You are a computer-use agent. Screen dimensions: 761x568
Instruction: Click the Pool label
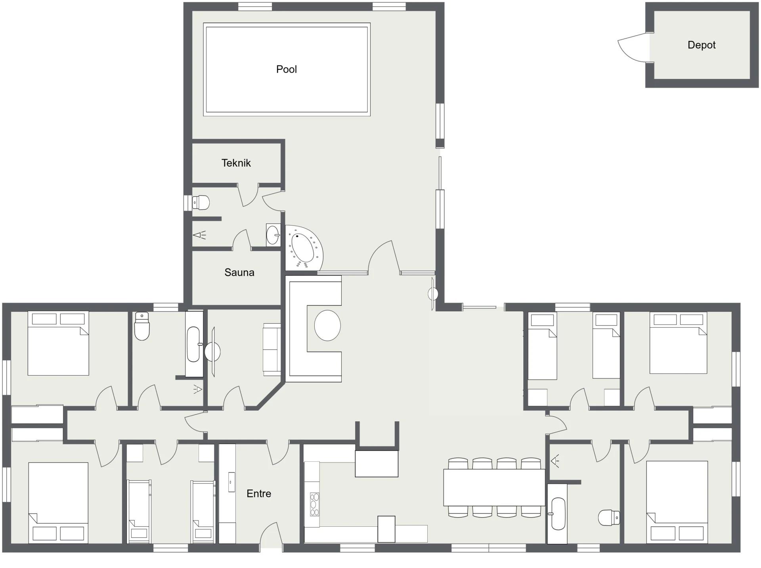tap(286, 69)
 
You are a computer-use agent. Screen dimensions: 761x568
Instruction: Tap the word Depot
tap(702, 45)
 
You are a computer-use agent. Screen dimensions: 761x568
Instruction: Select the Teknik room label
tap(236, 163)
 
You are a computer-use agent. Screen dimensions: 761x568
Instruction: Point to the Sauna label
tap(239, 272)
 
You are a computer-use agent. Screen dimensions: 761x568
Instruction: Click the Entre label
tap(259, 494)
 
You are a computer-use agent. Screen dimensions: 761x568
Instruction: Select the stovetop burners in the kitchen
tap(314, 504)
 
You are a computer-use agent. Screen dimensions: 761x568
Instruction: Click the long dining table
tap(494, 487)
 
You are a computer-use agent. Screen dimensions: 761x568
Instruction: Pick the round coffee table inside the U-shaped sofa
tap(327, 325)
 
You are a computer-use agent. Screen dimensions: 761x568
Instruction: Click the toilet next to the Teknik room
tap(201, 202)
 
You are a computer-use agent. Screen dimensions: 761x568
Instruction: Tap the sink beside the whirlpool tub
tap(273, 235)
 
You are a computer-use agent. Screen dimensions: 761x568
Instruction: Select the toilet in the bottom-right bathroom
tap(609, 518)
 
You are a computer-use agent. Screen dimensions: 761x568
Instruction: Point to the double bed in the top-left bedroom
tap(58, 343)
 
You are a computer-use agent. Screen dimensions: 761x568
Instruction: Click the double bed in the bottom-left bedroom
tap(58, 503)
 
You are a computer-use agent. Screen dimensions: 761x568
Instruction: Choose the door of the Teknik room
tap(248, 196)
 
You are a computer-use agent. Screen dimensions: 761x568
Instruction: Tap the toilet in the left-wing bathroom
tap(142, 326)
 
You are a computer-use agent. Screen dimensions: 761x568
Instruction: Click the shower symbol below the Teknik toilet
tap(199, 235)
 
